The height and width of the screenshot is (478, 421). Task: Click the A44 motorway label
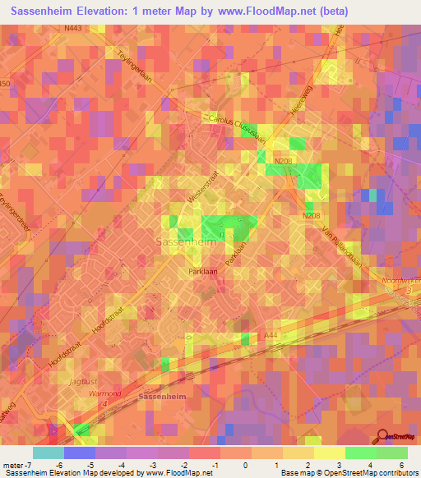(x=271, y=334)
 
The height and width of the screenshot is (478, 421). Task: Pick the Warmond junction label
(x=104, y=393)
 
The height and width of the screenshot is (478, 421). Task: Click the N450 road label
(x=4, y=84)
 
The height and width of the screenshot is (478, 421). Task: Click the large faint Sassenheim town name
(x=186, y=242)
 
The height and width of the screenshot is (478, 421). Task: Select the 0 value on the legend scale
(x=246, y=464)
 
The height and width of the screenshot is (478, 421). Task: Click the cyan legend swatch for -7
(x=49, y=453)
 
